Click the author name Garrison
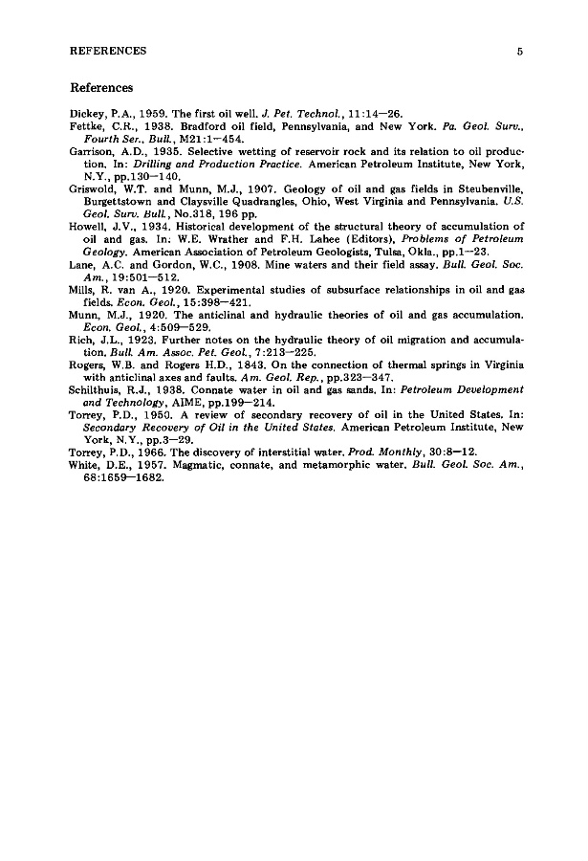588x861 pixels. pos(91,152)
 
